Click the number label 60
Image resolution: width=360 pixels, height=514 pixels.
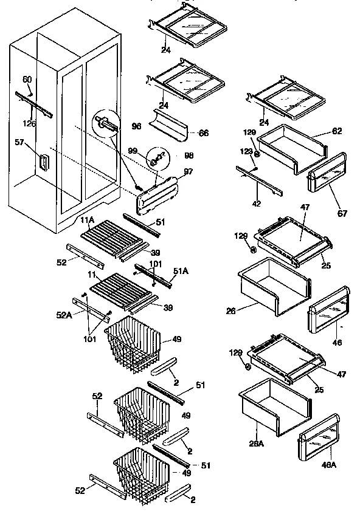27,79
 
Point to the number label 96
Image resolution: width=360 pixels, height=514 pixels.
136,127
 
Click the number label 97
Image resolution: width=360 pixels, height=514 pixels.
188,172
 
